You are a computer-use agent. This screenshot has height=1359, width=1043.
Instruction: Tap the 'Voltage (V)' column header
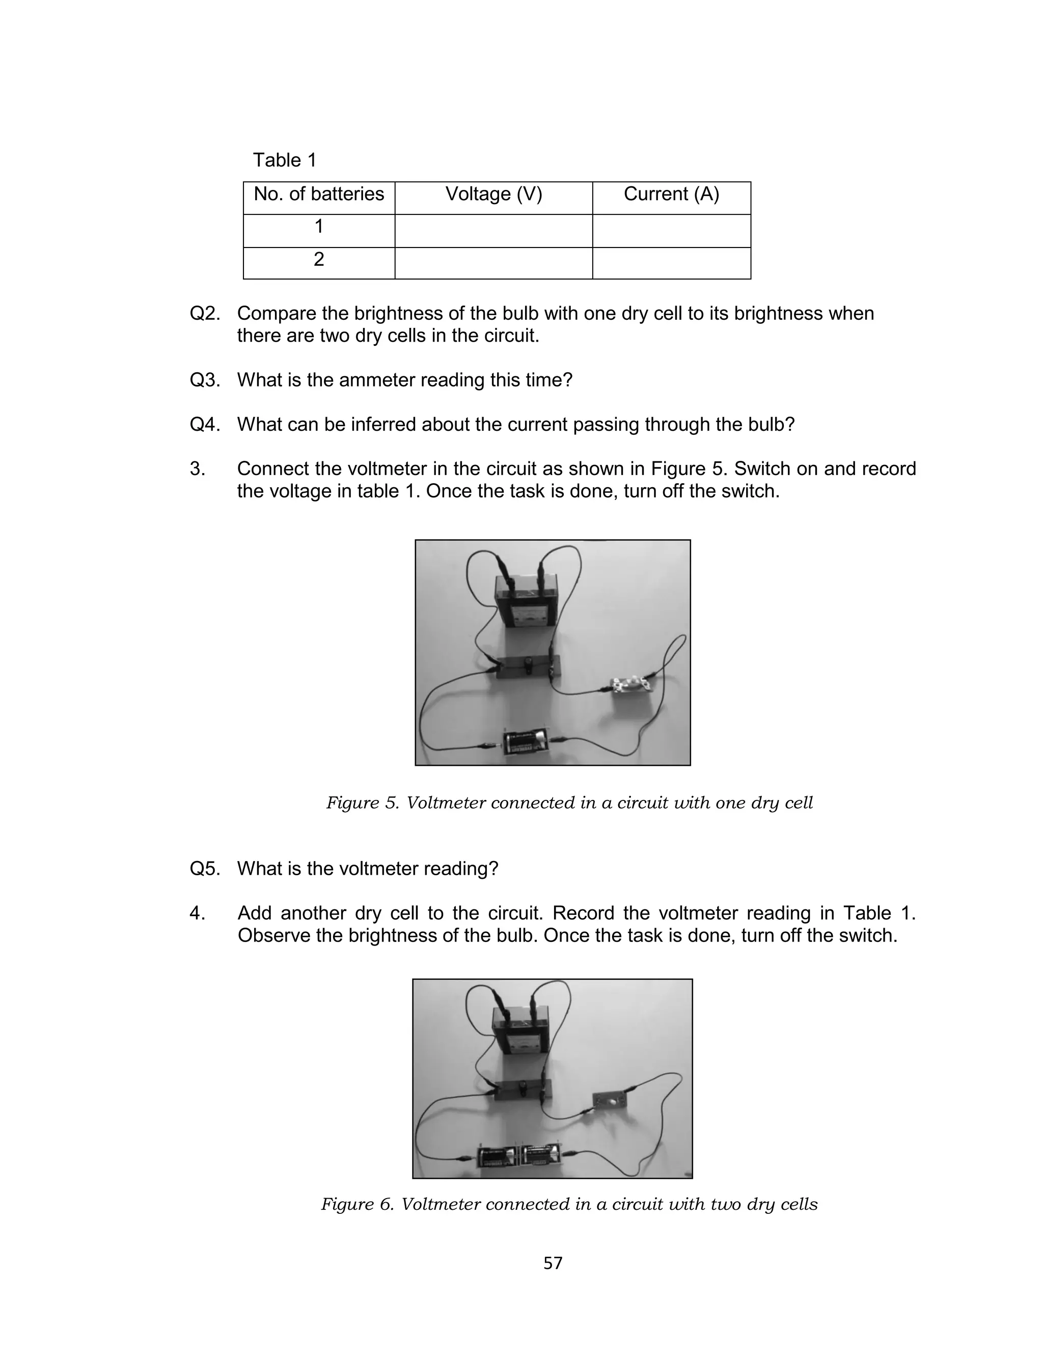tap(493, 194)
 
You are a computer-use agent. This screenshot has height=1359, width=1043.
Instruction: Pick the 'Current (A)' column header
tap(671, 194)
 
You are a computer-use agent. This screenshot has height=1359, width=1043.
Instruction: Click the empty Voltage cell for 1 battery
tap(493, 231)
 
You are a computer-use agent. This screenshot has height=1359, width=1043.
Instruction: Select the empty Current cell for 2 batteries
tap(671, 263)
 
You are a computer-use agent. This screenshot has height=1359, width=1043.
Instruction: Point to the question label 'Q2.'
tap(205, 313)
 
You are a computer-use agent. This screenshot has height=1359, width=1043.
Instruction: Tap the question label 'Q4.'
tap(205, 425)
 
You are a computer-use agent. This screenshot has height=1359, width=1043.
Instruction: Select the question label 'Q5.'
tap(205, 869)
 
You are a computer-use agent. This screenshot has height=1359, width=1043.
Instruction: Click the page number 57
tap(553, 1263)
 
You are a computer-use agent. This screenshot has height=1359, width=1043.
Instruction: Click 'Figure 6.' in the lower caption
tap(357, 1205)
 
